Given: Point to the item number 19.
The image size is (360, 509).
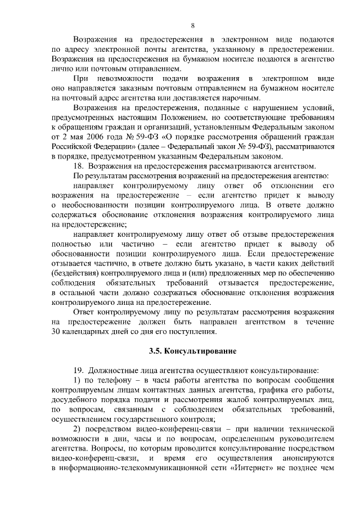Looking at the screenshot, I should [x=79, y=370].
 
